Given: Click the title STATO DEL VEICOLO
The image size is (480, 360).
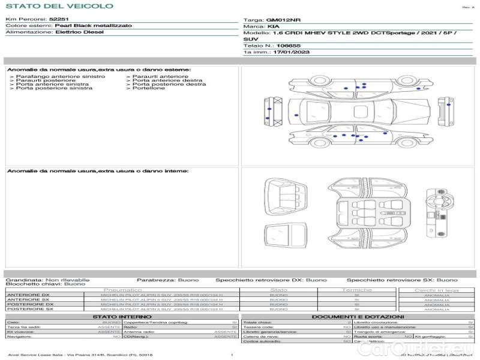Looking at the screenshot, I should [59, 6].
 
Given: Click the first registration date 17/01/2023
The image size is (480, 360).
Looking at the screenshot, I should [286, 52].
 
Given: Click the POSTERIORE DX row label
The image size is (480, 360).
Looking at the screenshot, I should [29, 304].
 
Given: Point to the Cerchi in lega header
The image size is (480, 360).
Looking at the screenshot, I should [436, 290].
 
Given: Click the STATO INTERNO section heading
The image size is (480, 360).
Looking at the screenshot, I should [122, 317].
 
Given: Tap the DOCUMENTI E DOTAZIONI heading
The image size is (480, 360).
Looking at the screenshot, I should [358, 317].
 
